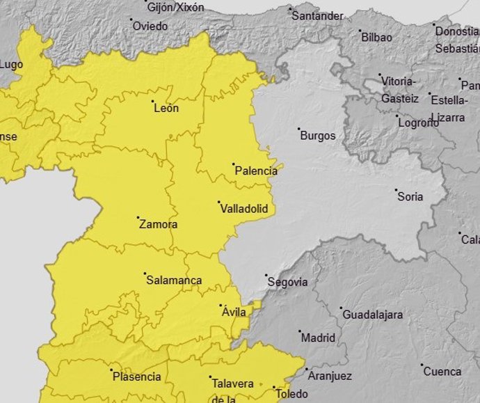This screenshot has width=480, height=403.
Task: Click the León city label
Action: click(x=166, y=109)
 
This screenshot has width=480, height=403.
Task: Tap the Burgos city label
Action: click(x=317, y=136)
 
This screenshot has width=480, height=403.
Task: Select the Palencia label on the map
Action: click(x=255, y=171)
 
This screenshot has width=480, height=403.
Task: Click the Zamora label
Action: click(x=158, y=225)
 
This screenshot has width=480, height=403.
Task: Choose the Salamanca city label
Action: click(x=174, y=280)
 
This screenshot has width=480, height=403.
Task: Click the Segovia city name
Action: click(x=287, y=283)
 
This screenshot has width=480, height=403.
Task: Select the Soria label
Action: click(x=410, y=197)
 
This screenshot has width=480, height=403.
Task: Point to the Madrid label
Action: click(x=318, y=338)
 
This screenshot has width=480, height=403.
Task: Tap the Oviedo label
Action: click(x=150, y=26)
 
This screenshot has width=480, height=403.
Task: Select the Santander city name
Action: click(x=317, y=16)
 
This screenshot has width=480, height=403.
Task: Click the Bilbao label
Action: click(x=376, y=38)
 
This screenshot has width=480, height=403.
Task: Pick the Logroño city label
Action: click(x=418, y=123)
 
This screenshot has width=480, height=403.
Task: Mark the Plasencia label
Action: click(x=136, y=377)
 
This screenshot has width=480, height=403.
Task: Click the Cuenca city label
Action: click(x=442, y=372)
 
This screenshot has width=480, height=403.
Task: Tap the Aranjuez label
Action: click(x=326, y=376)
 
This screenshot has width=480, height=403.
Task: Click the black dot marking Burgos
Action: click(x=299, y=129)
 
